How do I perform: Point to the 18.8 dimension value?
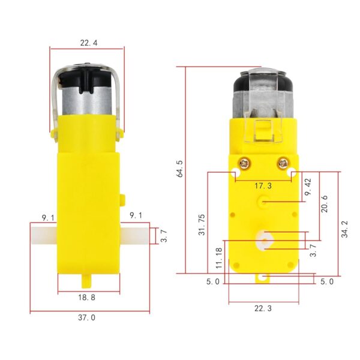point(88,296)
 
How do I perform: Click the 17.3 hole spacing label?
point(263,187)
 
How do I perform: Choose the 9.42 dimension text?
point(307,188)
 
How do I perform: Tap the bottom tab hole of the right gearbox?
point(263,277)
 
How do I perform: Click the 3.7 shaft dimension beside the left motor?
point(163,235)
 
